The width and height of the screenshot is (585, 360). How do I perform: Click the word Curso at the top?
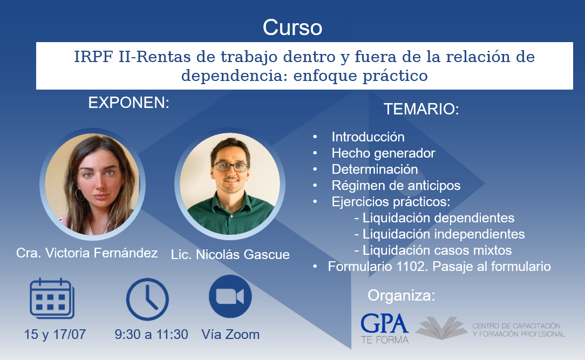coord(292,27)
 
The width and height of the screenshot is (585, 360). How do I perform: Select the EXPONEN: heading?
coord(129,103)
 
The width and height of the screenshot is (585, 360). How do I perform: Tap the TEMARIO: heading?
coord(421,109)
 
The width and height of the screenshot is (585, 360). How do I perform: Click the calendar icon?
coord(52,298)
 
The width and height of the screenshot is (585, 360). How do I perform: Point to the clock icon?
coord(147,299)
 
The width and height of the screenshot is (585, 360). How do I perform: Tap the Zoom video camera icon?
coord(230,296)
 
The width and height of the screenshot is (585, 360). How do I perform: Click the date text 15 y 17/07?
coord(55,334)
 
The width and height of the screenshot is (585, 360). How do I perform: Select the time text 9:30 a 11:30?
coord(151,334)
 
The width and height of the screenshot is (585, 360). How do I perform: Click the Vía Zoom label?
coord(230,334)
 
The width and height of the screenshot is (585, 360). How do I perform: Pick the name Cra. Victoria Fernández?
coord(87,253)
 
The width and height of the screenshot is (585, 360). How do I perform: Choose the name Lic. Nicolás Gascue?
coord(230,254)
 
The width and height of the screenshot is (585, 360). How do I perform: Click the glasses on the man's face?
coord(230,167)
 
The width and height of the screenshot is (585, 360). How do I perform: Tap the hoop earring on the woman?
coord(79,195)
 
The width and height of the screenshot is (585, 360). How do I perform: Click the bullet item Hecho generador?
coord(383,153)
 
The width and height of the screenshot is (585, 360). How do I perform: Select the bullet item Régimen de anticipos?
coord(396,186)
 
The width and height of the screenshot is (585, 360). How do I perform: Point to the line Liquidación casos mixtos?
coord(433,250)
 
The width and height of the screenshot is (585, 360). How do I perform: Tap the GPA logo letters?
coord(385,323)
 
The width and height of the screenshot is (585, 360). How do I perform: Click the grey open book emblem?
coord(442,328)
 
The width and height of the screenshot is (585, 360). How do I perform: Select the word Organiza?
coord(402,295)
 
